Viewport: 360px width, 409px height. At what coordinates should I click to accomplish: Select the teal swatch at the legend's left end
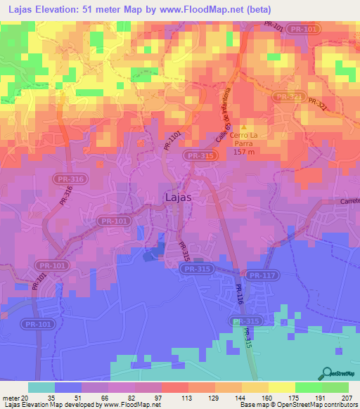pyautogui.click(x=41, y=387)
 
